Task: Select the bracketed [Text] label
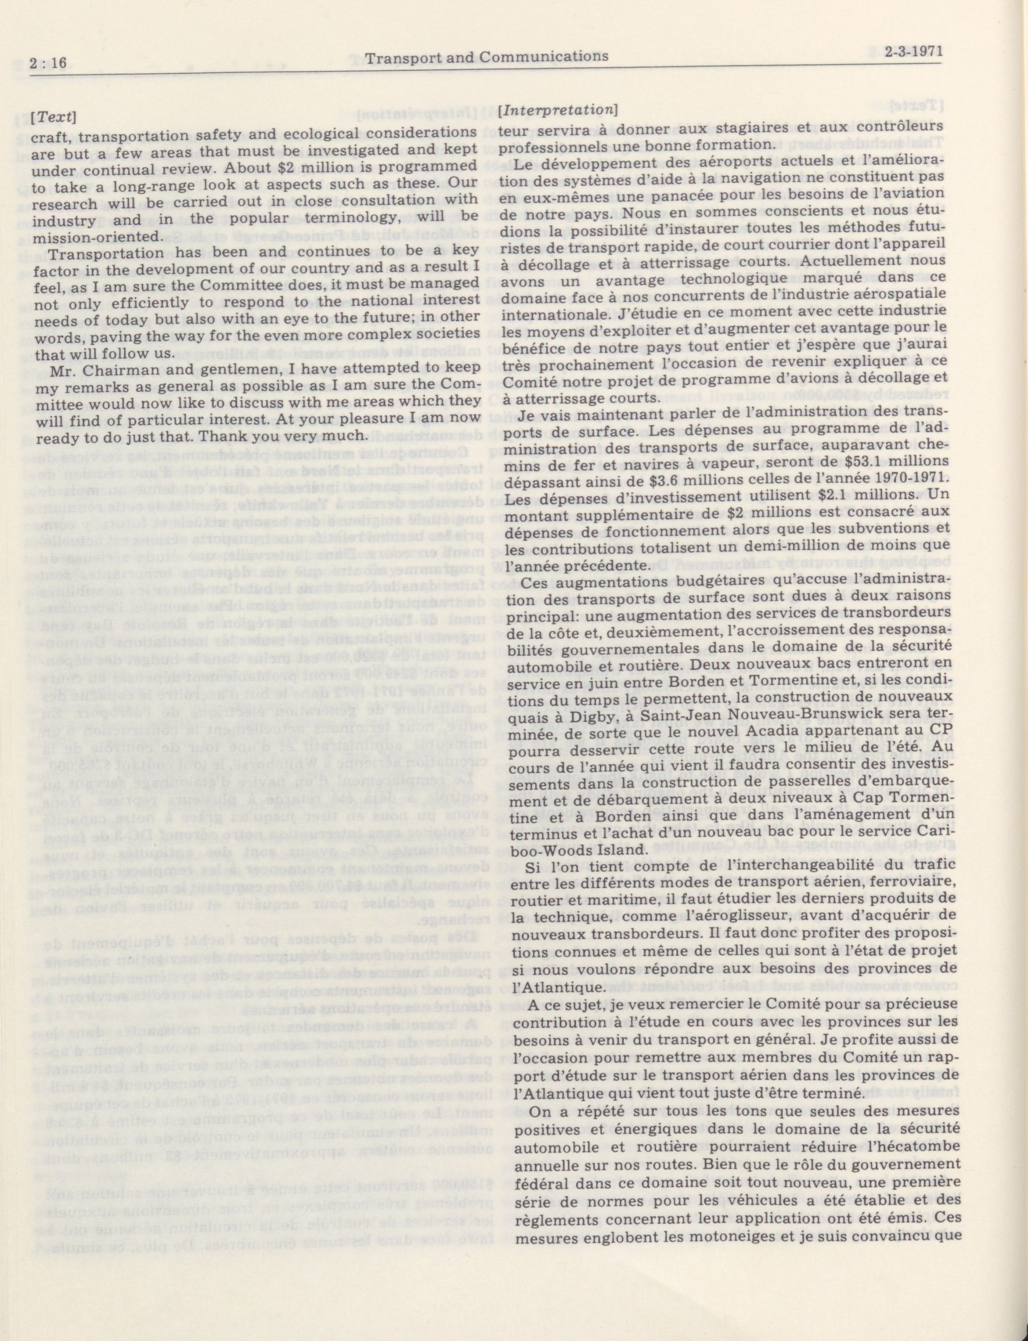tap(54, 117)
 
